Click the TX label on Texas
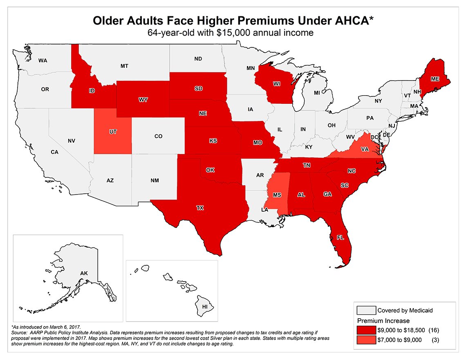coord(199,208)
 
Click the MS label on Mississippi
coord(277,195)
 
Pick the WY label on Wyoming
coord(142,100)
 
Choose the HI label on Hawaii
coord(204,306)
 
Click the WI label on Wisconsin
coord(277,84)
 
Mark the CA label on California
coord(55,152)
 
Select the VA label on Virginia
coord(365,150)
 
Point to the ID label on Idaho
coord(92,91)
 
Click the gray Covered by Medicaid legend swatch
coord(366,310)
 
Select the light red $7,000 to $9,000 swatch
coord(366,339)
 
